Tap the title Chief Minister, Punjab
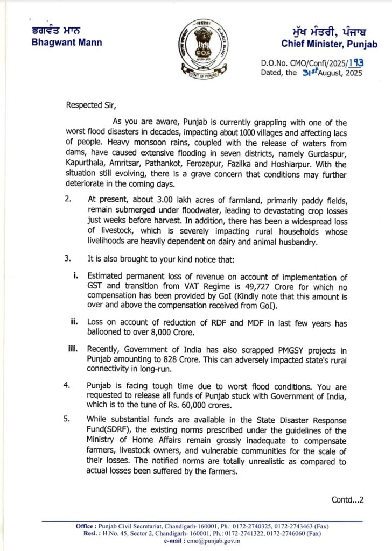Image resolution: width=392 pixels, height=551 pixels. coord(329,44)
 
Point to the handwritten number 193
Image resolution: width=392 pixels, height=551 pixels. coord(355,63)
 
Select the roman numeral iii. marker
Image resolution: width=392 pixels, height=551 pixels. coord(73,348)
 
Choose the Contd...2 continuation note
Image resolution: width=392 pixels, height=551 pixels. coord(348,499)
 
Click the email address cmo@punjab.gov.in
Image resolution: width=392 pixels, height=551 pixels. coord(218,541)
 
